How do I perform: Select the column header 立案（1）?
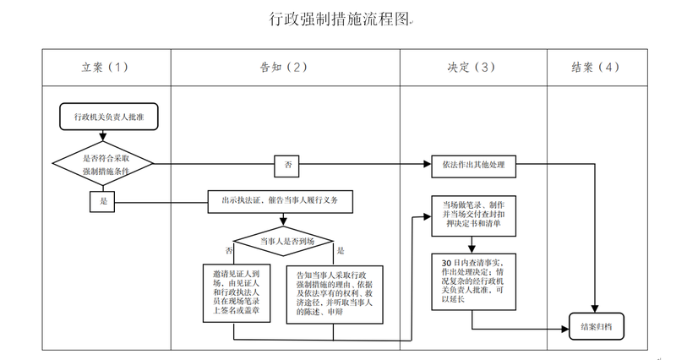click(106, 68)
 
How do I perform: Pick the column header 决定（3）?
click(472, 68)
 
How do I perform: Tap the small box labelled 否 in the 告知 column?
click(288, 165)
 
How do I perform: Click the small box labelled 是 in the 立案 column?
click(103, 200)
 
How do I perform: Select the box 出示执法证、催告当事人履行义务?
click(280, 201)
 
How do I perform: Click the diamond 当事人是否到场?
click(286, 243)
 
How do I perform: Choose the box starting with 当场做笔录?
click(472, 215)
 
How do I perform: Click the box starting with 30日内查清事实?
click(472, 280)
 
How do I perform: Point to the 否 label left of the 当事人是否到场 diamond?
click(229, 251)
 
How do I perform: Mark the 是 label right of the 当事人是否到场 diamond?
click(341, 251)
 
